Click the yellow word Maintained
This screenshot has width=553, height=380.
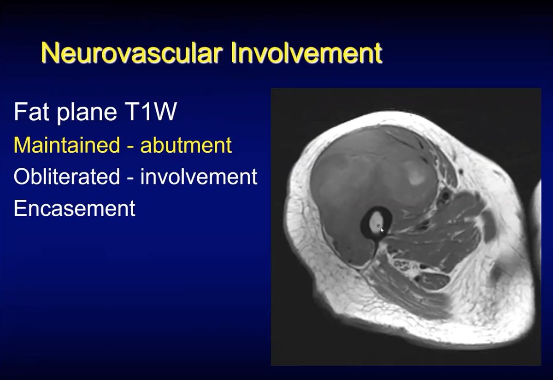coord(67,145)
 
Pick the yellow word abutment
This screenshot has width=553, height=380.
coord(186,145)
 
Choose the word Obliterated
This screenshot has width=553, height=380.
coord(67,177)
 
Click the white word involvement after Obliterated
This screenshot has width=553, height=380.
coord(199,177)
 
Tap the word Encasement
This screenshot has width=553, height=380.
coord(75,208)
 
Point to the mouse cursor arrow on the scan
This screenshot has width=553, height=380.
coord(382,231)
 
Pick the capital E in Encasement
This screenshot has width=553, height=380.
coord(20,208)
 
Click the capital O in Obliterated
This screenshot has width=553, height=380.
coord(22,177)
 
